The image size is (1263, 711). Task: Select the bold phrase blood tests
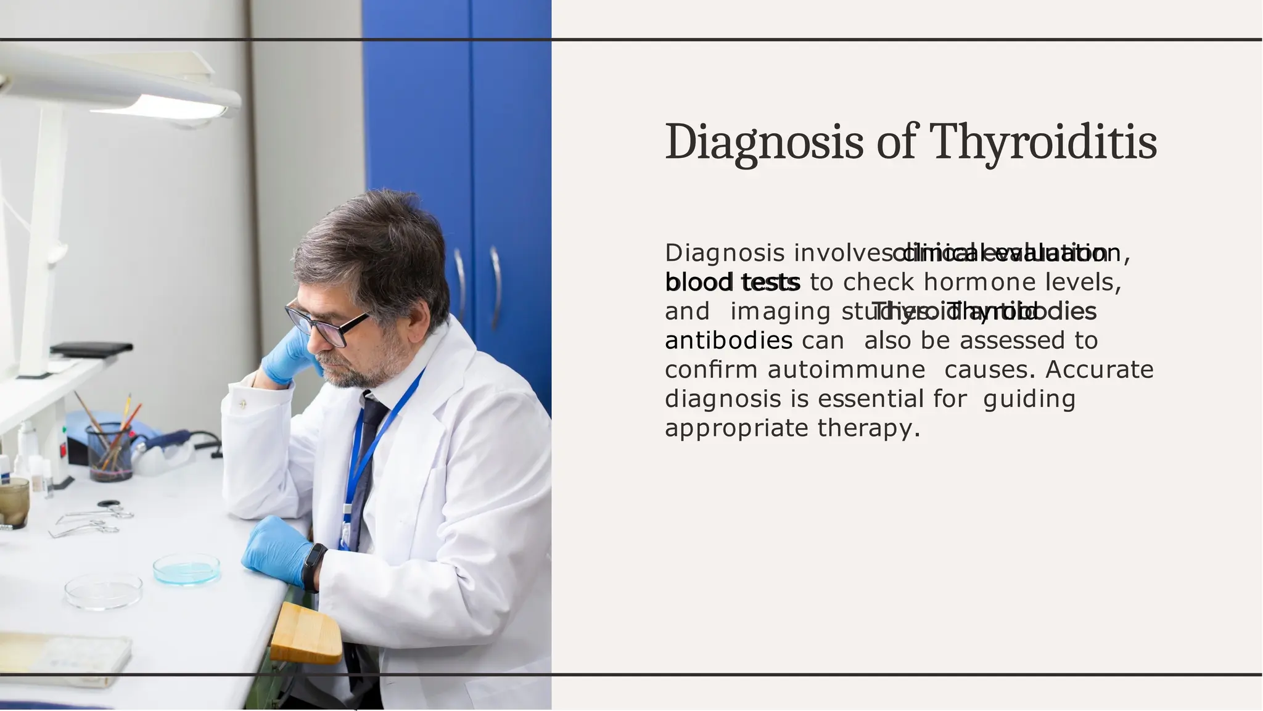[732, 282]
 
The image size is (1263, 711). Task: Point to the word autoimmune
[846, 370]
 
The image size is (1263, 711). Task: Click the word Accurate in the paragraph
[1099, 370]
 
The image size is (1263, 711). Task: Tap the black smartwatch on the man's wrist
[315, 566]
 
